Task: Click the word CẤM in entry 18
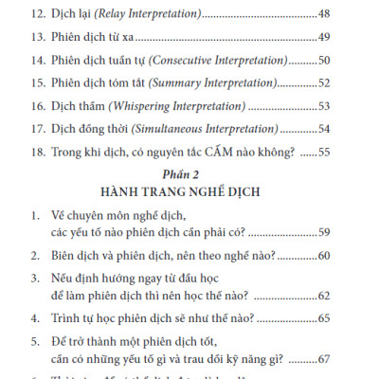(193, 151)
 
